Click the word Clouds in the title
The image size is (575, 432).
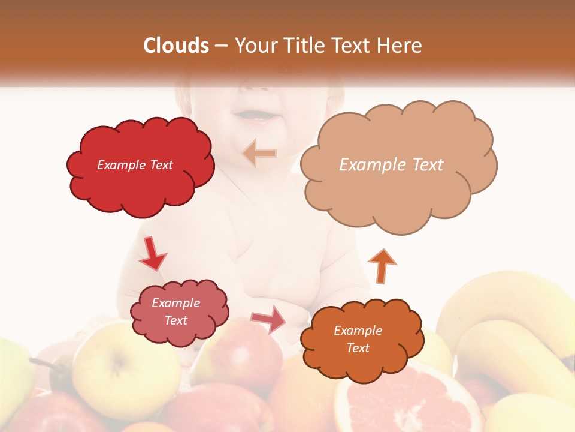coord(176,46)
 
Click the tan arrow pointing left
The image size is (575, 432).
coord(259,154)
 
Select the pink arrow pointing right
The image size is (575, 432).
coord(268,319)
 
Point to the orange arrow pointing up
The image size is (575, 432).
coord(382,265)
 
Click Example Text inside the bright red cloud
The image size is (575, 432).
coord(135,165)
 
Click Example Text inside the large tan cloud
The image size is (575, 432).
coord(391,165)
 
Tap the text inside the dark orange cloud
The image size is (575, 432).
coord(358,339)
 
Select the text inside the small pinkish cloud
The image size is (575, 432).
coord(175,311)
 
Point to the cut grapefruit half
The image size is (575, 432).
coord(407,399)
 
